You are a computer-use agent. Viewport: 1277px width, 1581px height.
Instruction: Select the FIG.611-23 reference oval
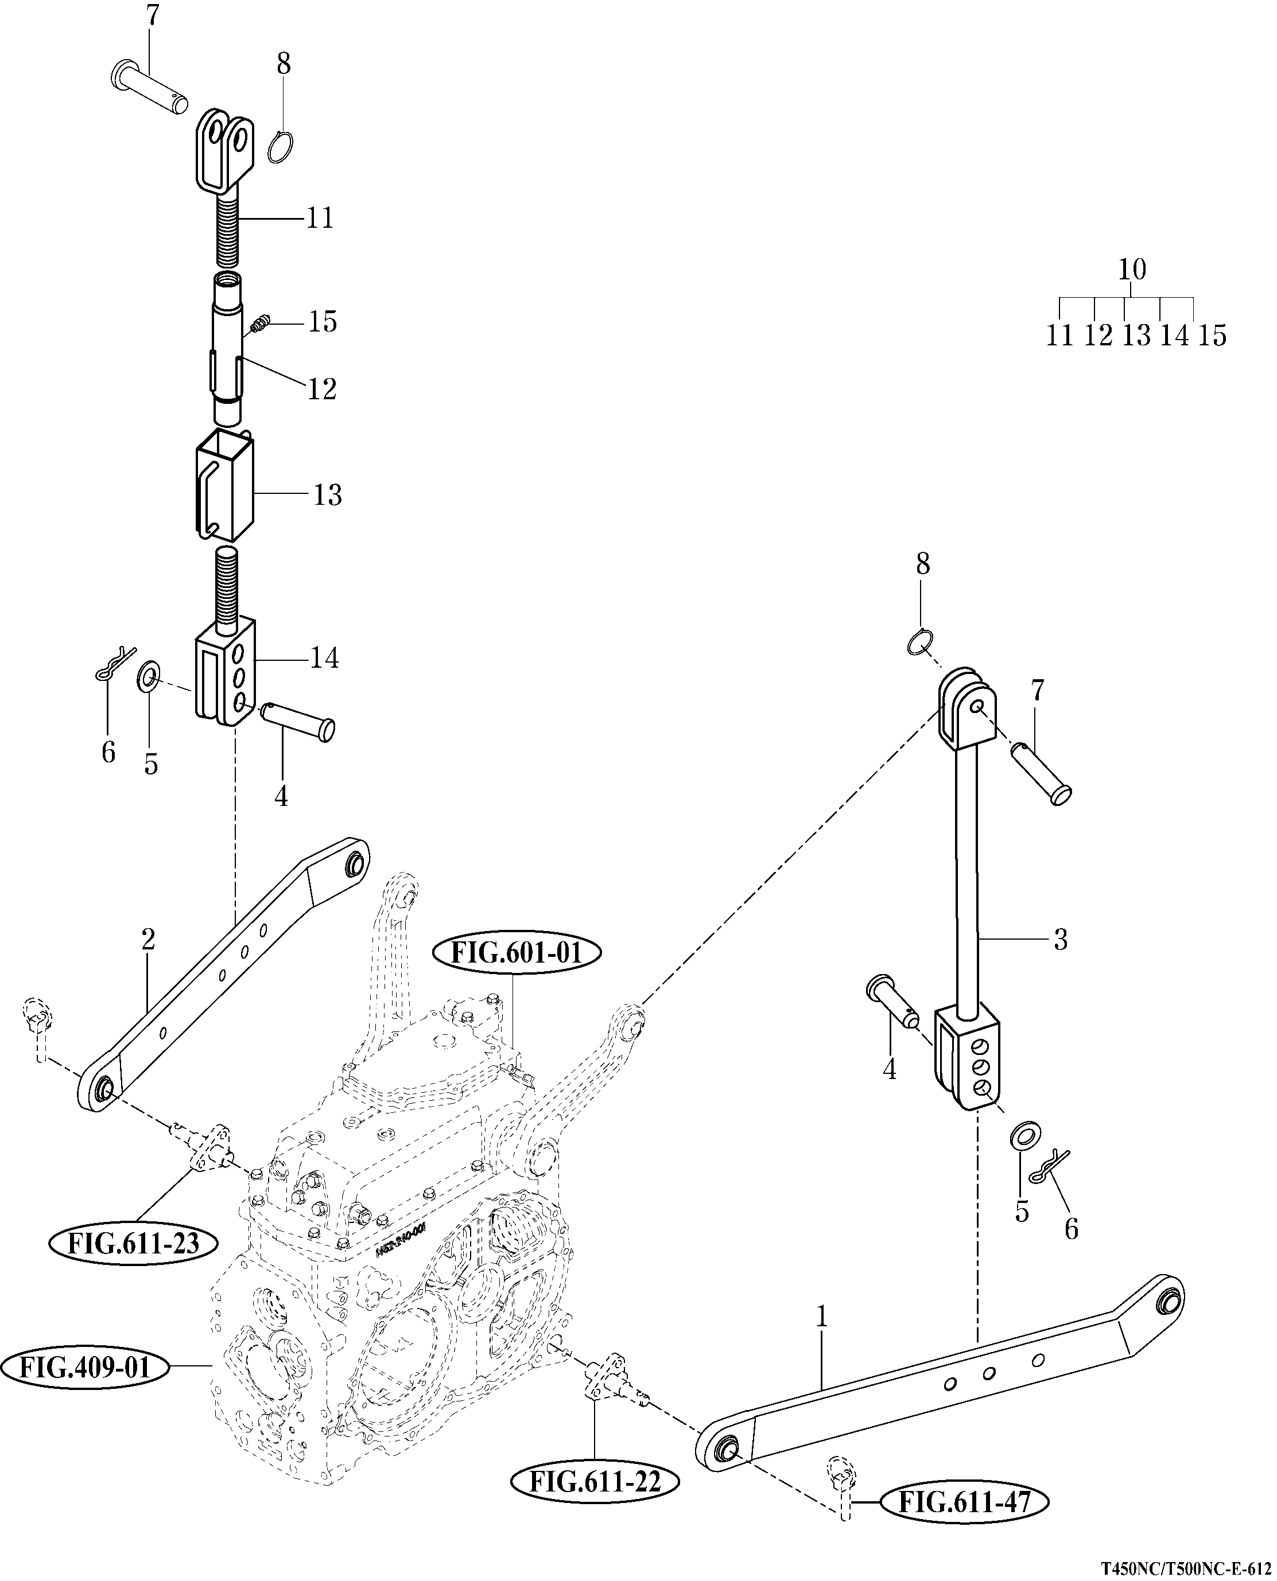134,1244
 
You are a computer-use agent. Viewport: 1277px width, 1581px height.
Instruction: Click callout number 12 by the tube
321,388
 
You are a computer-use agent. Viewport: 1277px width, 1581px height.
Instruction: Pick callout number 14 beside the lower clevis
324,657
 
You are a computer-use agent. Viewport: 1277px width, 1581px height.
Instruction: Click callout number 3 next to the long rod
1060,939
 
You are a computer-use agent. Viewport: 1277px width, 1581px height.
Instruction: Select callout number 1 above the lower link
822,1317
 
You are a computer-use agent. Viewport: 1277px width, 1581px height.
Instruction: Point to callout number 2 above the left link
149,939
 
